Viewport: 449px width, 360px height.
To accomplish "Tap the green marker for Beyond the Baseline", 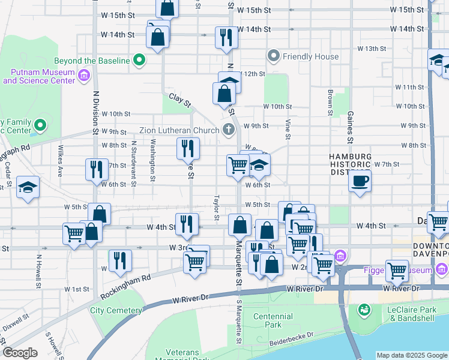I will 139,60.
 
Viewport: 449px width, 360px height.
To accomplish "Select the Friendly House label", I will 312,57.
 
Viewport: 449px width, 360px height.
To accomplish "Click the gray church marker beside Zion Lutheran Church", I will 228,129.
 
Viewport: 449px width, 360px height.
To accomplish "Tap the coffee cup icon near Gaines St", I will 360,181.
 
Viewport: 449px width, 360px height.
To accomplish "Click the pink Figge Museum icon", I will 340,256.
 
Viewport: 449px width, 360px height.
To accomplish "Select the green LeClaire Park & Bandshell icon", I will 364,310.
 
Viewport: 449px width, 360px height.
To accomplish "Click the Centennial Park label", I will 273,320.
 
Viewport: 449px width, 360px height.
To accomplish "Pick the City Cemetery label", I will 116,310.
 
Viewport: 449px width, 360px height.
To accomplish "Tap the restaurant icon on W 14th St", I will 226,37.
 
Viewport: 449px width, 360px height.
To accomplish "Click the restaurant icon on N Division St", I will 96,169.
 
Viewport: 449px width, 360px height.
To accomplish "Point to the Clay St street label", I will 179,100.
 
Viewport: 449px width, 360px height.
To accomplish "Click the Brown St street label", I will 330,102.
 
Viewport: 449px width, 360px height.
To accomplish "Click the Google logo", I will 20,353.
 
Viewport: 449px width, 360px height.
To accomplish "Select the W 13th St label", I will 372,49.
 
